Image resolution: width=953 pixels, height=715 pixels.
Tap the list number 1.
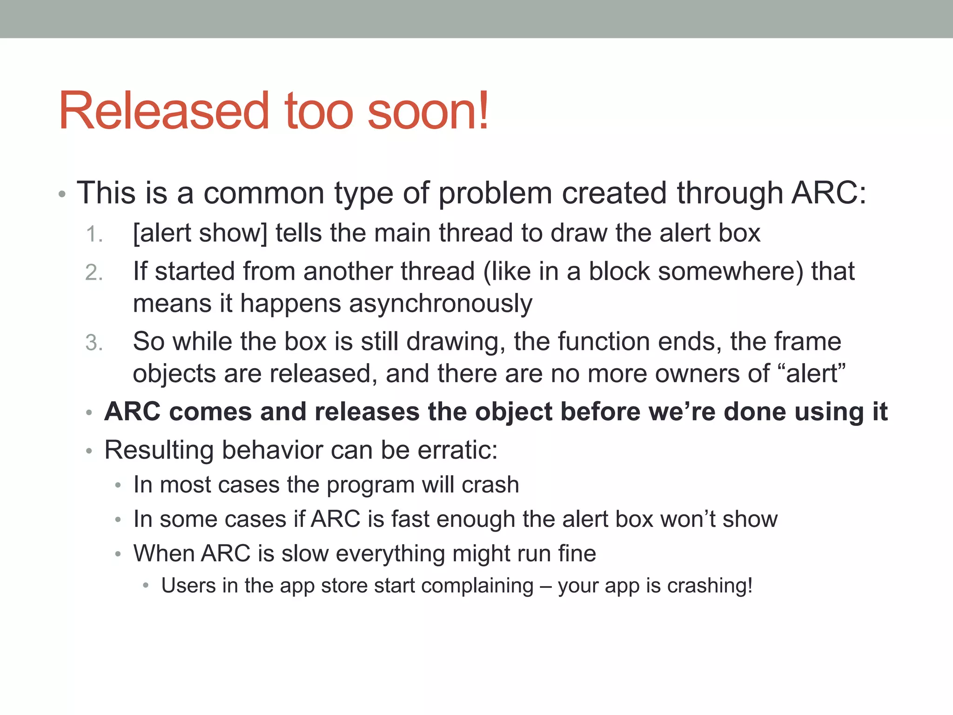pyautogui.click(x=94, y=234)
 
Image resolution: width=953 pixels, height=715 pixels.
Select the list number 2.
pyautogui.click(x=94, y=273)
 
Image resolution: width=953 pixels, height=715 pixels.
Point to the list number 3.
pyautogui.click(x=94, y=343)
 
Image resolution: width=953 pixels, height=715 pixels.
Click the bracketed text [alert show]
pyautogui.click(x=200, y=233)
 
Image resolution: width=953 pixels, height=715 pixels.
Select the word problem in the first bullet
pyautogui.click(x=495, y=193)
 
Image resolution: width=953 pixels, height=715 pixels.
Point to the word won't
pyautogui.click(x=687, y=519)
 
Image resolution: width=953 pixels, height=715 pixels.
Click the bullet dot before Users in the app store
pyautogui.click(x=146, y=585)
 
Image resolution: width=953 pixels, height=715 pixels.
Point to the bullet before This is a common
pyautogui.click(x=62, y=194)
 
